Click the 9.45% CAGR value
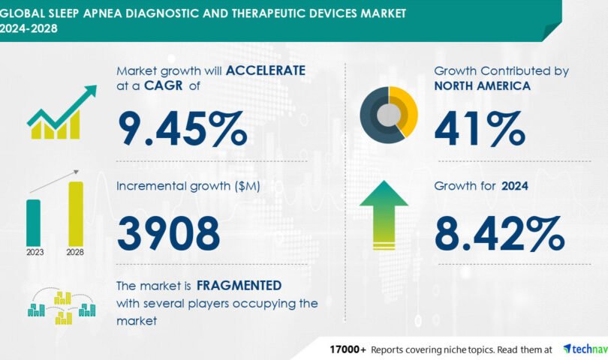[182, 129]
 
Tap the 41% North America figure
[480, 129]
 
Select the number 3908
[169, 233]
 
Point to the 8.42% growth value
[499, 233]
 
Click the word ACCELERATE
[266, 70]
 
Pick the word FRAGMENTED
[239, 286]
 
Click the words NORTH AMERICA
[483, 86]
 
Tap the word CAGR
[163, 85]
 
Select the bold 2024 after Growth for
[515, 186]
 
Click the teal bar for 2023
[33, 223]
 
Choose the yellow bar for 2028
[76, 214]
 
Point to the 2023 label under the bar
[35, 252]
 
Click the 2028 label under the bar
[75, 252]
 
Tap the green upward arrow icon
[384, 215]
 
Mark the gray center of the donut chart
[389, 115]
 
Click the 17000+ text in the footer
[348, 350]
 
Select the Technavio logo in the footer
[585, 349]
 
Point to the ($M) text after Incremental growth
[247, 186]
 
